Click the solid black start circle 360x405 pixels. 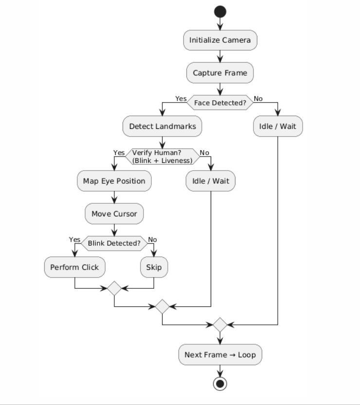[x=220, y=12]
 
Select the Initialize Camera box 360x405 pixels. [x=220, y=40]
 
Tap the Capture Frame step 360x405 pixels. [x=220, y=73]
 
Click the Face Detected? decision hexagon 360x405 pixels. [x=220, y=103]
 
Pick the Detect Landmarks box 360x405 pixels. [x=162, y=126]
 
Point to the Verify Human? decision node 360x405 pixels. [x=162, y=157]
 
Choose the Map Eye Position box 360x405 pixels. [x=114, y=181]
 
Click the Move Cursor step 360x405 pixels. [x=114, y=214]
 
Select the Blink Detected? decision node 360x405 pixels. [x=114, y=243]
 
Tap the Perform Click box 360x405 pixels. [x=74, y=267]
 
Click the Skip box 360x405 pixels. [x=154, y=267]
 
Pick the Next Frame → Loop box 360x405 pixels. [x=220, y=354]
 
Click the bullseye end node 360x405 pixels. [x=220, y=384]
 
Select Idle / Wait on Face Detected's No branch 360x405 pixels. [x=277, y=126]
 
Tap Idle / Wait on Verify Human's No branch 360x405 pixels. [x=210, y=181]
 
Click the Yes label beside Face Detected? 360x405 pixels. [x=181, y=99]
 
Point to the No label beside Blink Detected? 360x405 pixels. [x=152, y=239]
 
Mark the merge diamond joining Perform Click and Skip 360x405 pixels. [x=114, y=288]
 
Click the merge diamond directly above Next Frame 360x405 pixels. [x=220, y=324]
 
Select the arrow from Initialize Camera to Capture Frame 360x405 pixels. [x=220, y=56]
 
